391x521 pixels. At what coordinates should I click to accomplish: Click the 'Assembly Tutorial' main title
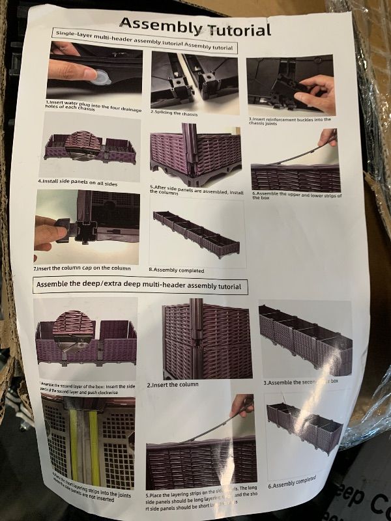tap(195, 27)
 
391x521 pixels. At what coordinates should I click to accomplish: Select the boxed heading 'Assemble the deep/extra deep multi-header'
tap(139, 285)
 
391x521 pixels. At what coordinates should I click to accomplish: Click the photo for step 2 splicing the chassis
tap(192, 79)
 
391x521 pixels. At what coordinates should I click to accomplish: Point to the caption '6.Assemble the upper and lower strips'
tap(296, 195)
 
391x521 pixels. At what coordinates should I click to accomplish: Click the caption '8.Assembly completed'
tap(177, 270)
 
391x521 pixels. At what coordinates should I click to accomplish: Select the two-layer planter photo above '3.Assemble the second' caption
tap(304, 339)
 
